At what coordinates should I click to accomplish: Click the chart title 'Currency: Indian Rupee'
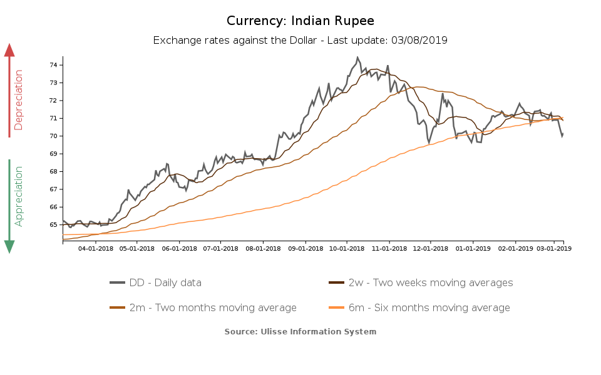coord(300,21)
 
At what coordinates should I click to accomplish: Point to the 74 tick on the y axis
coord(54,65)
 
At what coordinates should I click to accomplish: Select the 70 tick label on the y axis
coord(54,136)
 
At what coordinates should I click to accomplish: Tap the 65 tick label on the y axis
coord(54,224)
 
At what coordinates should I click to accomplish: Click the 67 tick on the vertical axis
coord(54,189)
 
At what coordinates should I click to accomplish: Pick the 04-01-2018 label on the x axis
coord(95,248)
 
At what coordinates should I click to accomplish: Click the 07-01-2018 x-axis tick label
coord(221,248)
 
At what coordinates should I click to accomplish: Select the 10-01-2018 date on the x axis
coord(347,248)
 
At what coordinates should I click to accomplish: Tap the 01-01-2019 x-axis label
coord(473,248)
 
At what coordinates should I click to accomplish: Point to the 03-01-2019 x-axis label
coord(554,248)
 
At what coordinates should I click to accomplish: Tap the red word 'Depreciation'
coord(19,100)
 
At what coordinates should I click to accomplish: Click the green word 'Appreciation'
coord(19,196)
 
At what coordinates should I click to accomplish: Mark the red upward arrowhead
coord(9,50)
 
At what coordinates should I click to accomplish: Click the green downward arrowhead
coord(9,246)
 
